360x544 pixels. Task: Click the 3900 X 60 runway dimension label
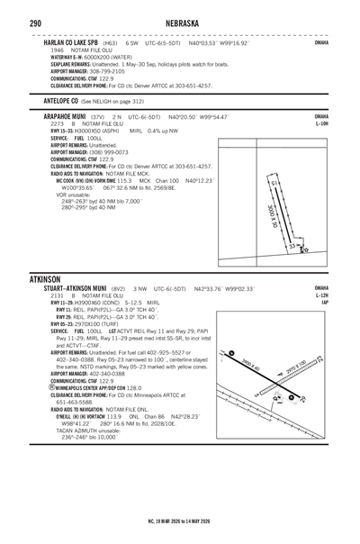pos(252,363)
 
